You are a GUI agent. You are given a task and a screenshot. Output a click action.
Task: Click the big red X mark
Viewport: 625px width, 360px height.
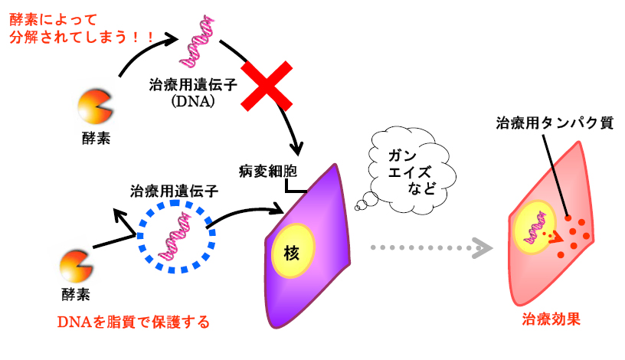[267, 86]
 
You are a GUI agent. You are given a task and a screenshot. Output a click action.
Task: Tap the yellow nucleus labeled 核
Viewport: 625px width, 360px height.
[293, 250]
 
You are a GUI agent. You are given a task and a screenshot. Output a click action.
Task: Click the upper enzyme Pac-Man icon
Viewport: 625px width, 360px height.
[94, 106]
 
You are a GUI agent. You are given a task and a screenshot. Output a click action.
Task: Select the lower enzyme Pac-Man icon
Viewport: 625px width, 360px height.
[76, 266]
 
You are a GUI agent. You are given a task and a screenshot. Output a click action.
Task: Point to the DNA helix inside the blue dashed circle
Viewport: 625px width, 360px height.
[175, 237]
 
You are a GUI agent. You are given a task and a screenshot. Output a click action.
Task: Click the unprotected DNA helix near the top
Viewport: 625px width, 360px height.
[197, 41]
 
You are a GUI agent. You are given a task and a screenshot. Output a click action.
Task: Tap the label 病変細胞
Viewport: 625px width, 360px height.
[268, 172]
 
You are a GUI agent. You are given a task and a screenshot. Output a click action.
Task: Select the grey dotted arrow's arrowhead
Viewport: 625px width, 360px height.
[483, 248]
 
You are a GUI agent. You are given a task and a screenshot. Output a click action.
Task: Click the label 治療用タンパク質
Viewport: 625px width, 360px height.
[555, 123]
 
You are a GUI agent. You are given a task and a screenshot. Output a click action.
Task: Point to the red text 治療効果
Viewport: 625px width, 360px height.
[551, 319]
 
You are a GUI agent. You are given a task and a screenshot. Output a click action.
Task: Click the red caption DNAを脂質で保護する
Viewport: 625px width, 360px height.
[133, 322]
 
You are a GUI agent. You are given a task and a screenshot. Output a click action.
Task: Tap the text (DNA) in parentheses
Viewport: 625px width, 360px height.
[193, 101]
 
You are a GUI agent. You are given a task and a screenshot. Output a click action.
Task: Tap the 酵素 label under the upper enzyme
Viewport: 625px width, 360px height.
[96, 139]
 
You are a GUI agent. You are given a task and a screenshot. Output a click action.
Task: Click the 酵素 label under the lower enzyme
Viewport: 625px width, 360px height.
[76, 295]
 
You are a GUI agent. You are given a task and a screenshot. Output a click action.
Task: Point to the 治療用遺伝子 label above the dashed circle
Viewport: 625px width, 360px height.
[174, 191]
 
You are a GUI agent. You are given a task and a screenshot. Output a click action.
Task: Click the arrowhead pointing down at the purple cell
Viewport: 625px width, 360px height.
[296, 149]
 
